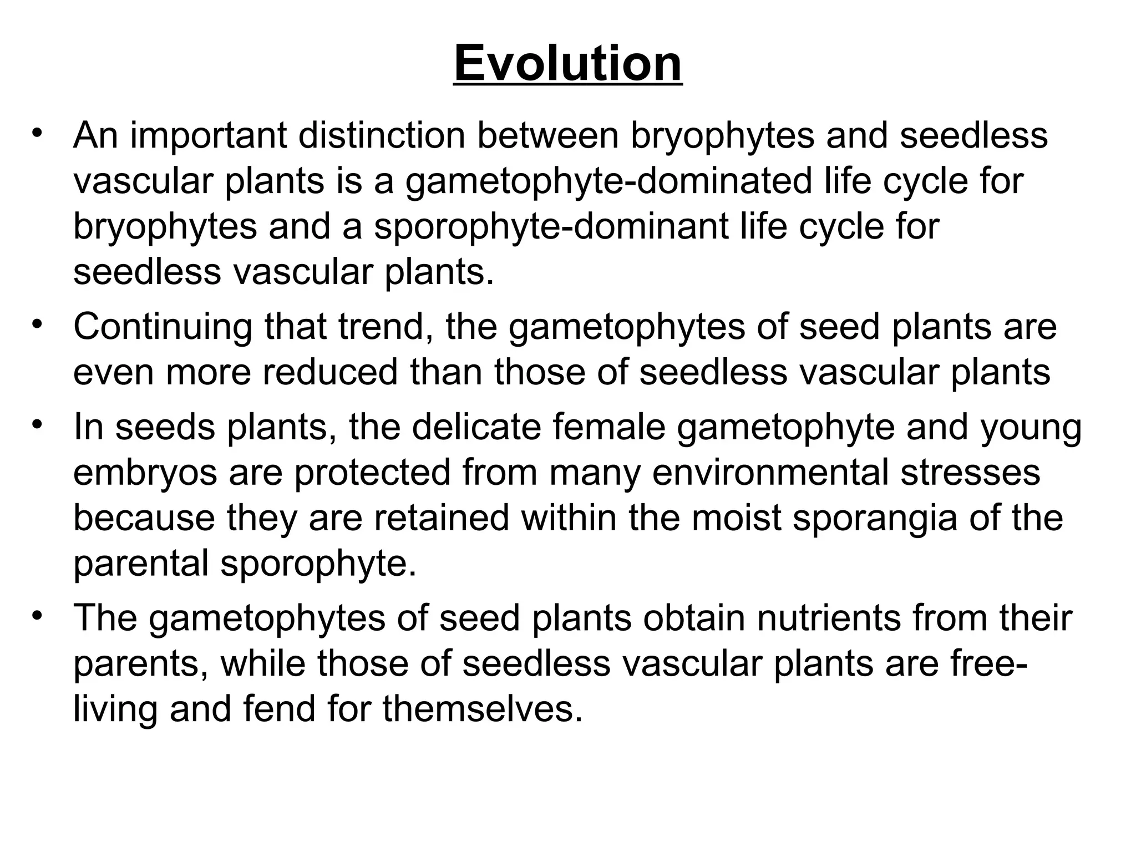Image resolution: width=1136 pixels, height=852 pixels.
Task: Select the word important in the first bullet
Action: [x=208, y=135]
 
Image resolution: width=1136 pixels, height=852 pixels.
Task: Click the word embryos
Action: [x=145, y=473]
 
